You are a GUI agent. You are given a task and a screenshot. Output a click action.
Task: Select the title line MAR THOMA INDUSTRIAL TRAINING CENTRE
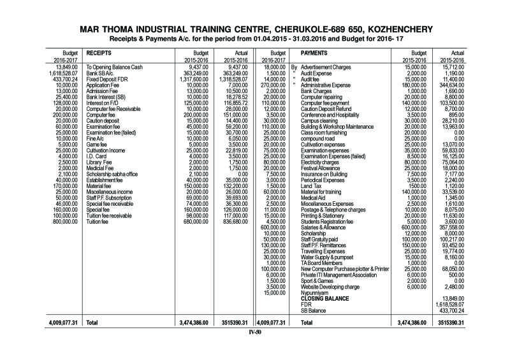pos(254,29)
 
